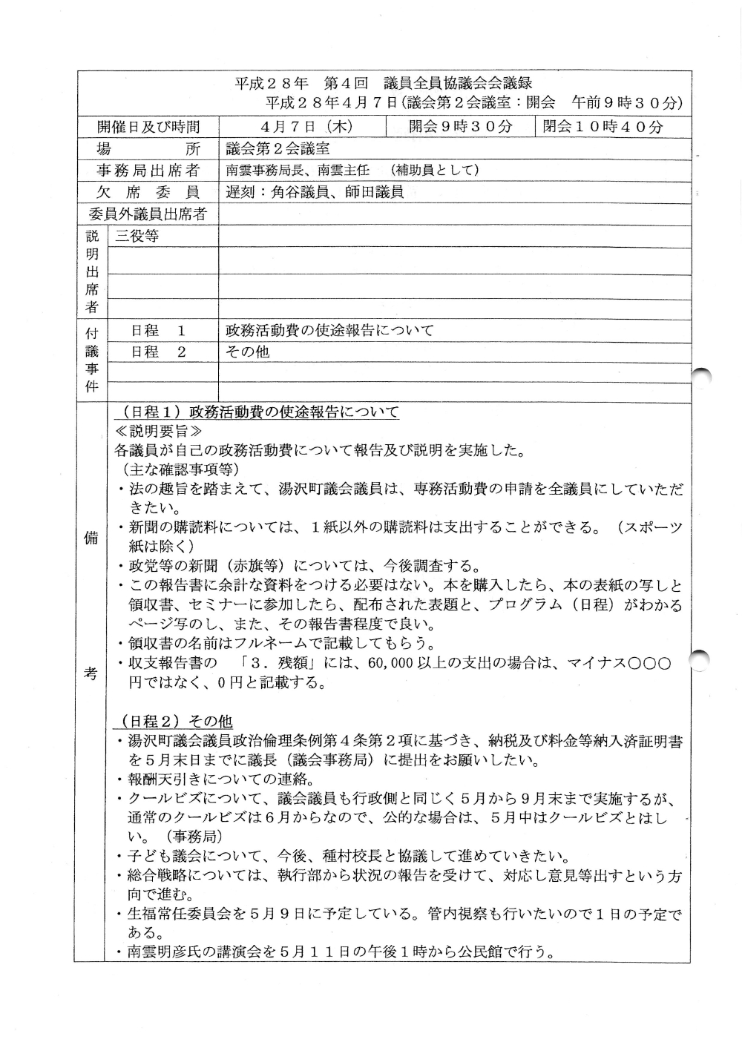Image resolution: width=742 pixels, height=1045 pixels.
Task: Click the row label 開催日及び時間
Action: [x=148, y=127]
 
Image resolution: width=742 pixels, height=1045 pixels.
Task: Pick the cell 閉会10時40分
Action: [x=603, y=126]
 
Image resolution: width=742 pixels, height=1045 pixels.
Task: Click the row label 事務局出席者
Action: [x=148, y=171]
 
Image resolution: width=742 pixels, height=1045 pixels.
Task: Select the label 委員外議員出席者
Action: [x=148, y=215]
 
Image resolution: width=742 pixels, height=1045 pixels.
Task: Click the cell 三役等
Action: [x=137, y=237]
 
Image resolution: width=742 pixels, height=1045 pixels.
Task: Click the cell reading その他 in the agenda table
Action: [x=247, y=352]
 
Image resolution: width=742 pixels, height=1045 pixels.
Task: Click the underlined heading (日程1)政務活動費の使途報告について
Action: [x=257, y=412]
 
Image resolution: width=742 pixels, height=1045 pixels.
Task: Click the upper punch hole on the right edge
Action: [x=702, y=378]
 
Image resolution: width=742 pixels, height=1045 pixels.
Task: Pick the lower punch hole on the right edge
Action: [x=702, y=660]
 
